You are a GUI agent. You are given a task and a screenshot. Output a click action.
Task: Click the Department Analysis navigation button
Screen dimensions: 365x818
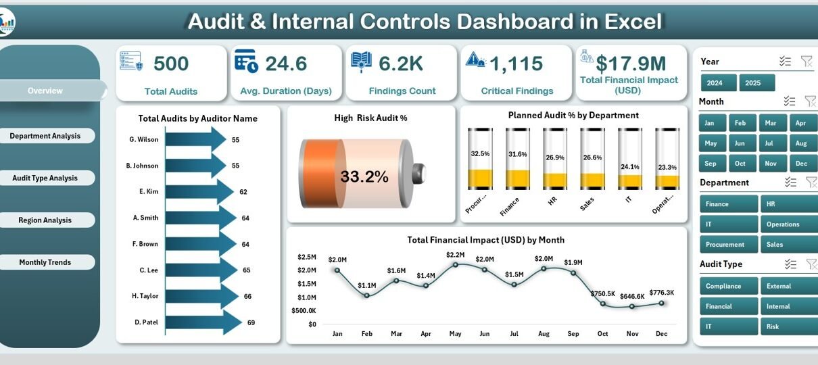click(x=45, y=136)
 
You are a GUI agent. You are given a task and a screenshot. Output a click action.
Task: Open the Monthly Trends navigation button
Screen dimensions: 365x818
click(x=45, y=262)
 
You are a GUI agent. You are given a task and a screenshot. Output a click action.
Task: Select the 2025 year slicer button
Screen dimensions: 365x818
click(x=752, y=83)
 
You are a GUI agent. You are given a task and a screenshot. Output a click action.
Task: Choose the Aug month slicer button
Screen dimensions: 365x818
click(x=801, y=143)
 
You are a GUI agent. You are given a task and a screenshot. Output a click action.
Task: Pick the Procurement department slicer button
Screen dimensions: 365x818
click(x=725, y=245)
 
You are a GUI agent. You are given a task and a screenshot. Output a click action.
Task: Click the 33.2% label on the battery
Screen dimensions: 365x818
click(x=364, y=177)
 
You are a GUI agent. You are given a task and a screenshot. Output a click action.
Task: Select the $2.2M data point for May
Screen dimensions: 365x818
click(x=455, y=264)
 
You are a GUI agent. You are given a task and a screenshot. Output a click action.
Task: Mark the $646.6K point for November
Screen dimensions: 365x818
click(x=632, y=306)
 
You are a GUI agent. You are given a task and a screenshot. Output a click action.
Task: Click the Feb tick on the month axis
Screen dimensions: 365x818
click(x=366, y=334)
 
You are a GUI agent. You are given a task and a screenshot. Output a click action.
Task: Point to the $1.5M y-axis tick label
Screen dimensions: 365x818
click(x=307, y=284)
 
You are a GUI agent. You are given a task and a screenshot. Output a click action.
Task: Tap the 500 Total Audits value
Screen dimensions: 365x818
click(x=171, y=64)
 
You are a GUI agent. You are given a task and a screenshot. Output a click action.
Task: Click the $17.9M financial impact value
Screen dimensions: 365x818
click(x=631, y=64)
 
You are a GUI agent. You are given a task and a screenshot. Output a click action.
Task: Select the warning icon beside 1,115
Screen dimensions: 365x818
click(x=476, y=60)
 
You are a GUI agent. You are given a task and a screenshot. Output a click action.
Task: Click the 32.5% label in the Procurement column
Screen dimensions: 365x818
click(x=480, y=154)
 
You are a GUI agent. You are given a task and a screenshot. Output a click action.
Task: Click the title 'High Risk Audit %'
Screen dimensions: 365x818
click(x=370, y=118)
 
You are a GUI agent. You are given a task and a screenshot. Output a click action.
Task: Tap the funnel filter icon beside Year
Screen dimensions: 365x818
click(x=807, y=62)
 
